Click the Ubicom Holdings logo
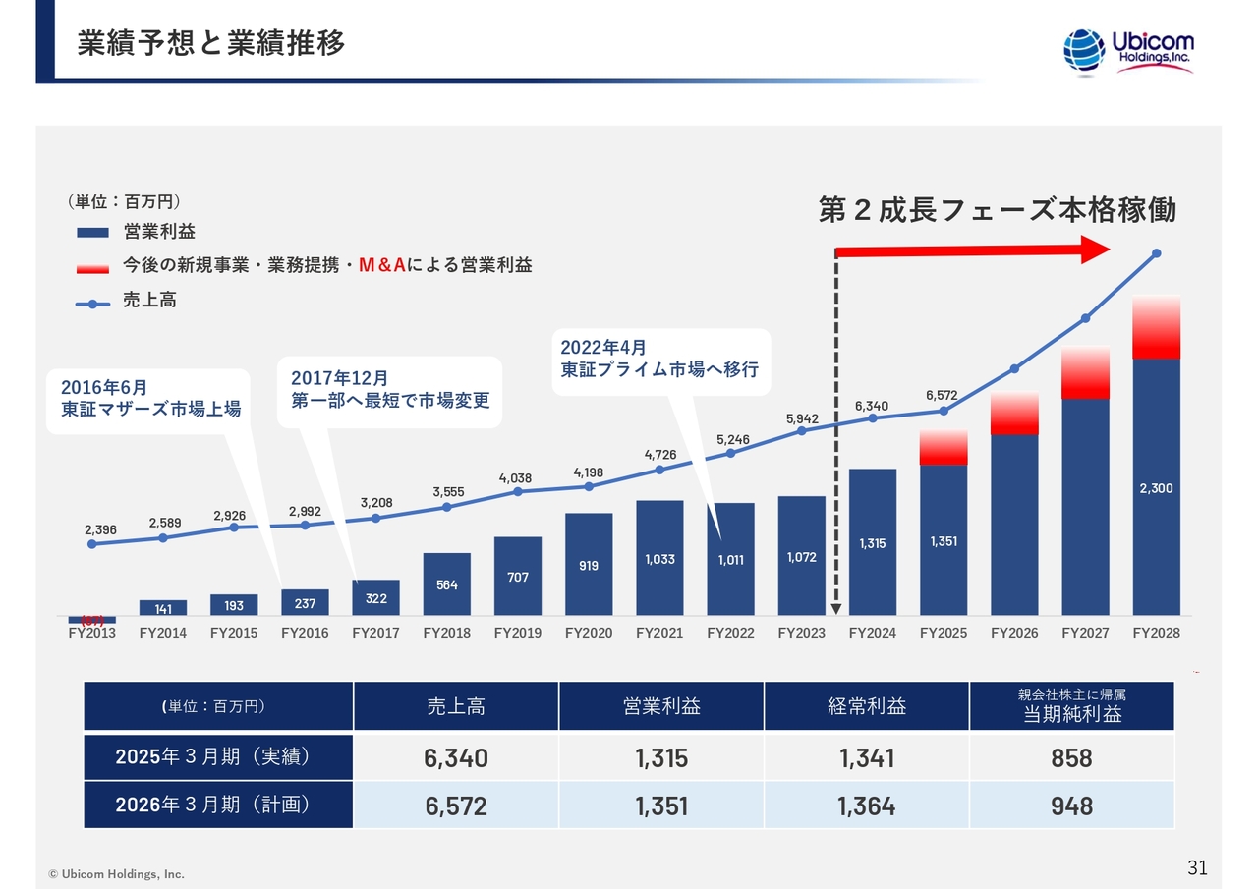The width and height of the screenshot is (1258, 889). (x=1128, y=50)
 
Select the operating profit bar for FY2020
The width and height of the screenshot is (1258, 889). (x=589, y=564)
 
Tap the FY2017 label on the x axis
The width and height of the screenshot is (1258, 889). (x=375, y=633)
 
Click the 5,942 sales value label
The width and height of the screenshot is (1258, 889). (x=802, y=419)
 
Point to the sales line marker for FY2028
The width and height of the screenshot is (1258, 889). (x=1156, y=253)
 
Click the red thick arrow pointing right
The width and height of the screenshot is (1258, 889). (x=973, y=251)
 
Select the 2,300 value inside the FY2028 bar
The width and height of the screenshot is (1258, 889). (x=1156, y=488)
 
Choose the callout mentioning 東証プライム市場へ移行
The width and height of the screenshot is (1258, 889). (x=659, y=360)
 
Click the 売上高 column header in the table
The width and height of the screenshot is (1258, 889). (x=455, y=706)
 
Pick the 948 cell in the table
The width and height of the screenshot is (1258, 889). (x=1070, y=806)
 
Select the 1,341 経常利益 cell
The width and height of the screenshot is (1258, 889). (x=866, y=757)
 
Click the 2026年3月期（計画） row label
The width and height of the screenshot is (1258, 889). (x=217, y=806)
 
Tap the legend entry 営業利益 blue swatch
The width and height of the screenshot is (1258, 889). (x=92, y=233)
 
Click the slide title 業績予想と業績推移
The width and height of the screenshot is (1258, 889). (x=211, y=45)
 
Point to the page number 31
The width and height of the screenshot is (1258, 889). (x=1197, y=867)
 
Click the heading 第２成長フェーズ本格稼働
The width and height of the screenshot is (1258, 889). (x=997, y=210)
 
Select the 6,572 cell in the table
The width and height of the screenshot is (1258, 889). (x=455, y=806)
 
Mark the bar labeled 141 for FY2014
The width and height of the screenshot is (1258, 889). (x=163, y=607)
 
